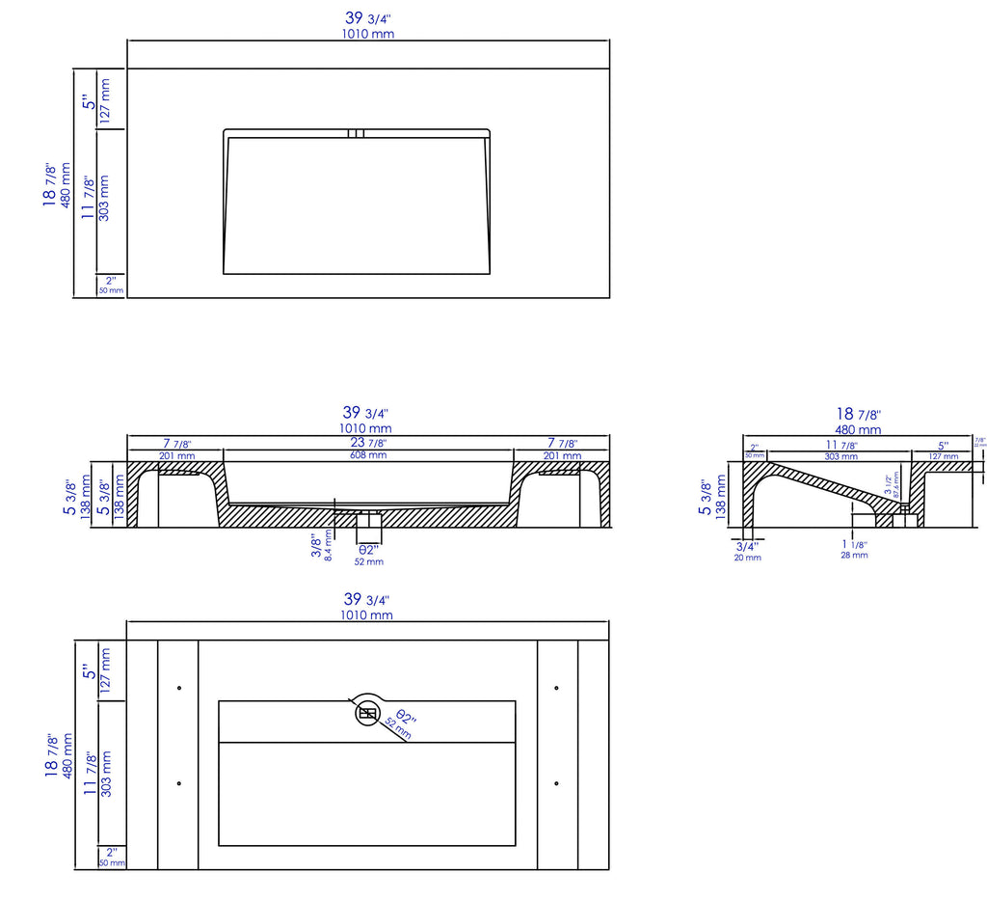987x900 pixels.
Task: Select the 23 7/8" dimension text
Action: pos(368,443)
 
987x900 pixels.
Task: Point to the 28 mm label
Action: pos(853,555)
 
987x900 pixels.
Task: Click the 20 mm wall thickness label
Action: pos(747,558)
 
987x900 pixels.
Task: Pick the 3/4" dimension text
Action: pos(747,545)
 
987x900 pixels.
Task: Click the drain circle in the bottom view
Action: pos(367,713)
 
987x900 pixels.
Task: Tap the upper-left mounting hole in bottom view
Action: pos(179,688)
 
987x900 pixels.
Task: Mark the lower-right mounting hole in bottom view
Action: pos(557,783)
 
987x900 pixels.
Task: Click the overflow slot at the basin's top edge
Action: pos(356,133)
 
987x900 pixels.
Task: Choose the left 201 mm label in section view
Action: pos(175,455)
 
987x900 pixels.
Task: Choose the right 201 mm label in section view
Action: pos(562,455)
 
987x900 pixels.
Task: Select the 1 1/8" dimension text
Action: pos(853,544)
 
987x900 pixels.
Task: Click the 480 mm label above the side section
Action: pos(857,429)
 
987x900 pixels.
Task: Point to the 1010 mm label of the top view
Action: pos(368,34)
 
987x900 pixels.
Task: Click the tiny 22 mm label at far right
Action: pos(980,445)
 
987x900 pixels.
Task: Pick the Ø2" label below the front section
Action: pos(368,550)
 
